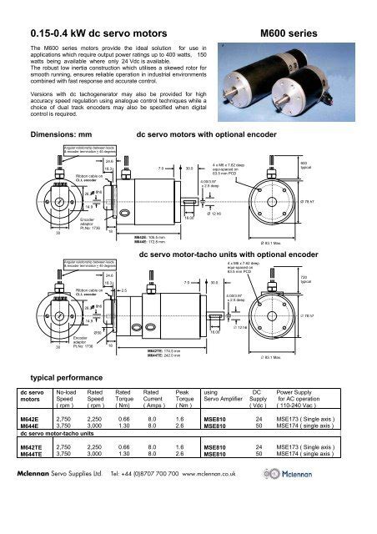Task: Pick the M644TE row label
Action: pyautogui.click(x=31, y=478)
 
